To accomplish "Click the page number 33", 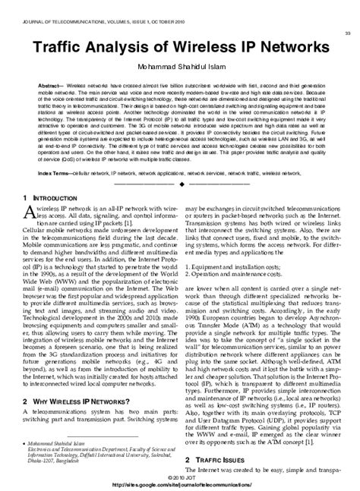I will [347, 33].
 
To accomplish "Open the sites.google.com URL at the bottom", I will [180, 483].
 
